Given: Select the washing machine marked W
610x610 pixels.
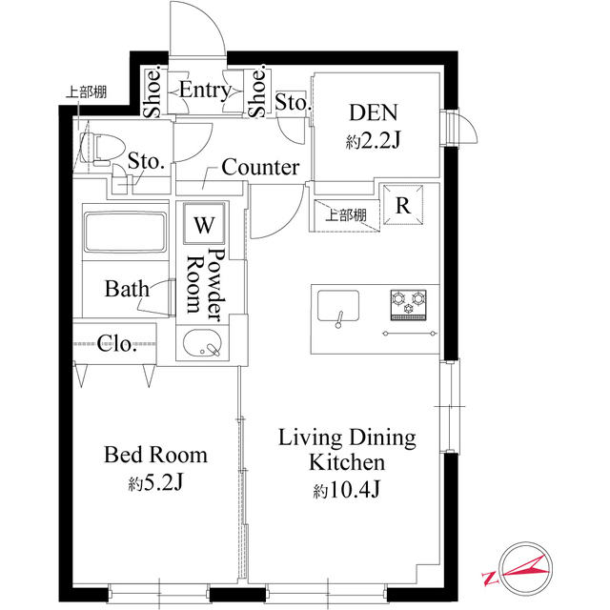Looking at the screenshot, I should [204, 225].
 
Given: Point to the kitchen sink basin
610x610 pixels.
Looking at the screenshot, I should [336, 308].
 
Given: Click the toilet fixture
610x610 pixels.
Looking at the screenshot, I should [96, 148].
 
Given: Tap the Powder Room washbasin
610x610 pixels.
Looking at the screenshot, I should [201, 343].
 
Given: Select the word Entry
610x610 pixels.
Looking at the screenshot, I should [205, 91].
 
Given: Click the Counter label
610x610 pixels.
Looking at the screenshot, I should [260, 168].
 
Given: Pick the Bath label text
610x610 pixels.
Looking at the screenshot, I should [126, 288].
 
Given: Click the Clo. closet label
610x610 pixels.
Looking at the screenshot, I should [117, 343].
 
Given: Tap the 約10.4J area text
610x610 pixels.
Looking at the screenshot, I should [347, 492].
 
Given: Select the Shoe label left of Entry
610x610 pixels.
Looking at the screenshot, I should [152, 91].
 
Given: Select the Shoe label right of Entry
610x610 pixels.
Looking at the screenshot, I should [256, 91].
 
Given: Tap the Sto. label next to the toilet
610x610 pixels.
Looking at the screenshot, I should [146, 161].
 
